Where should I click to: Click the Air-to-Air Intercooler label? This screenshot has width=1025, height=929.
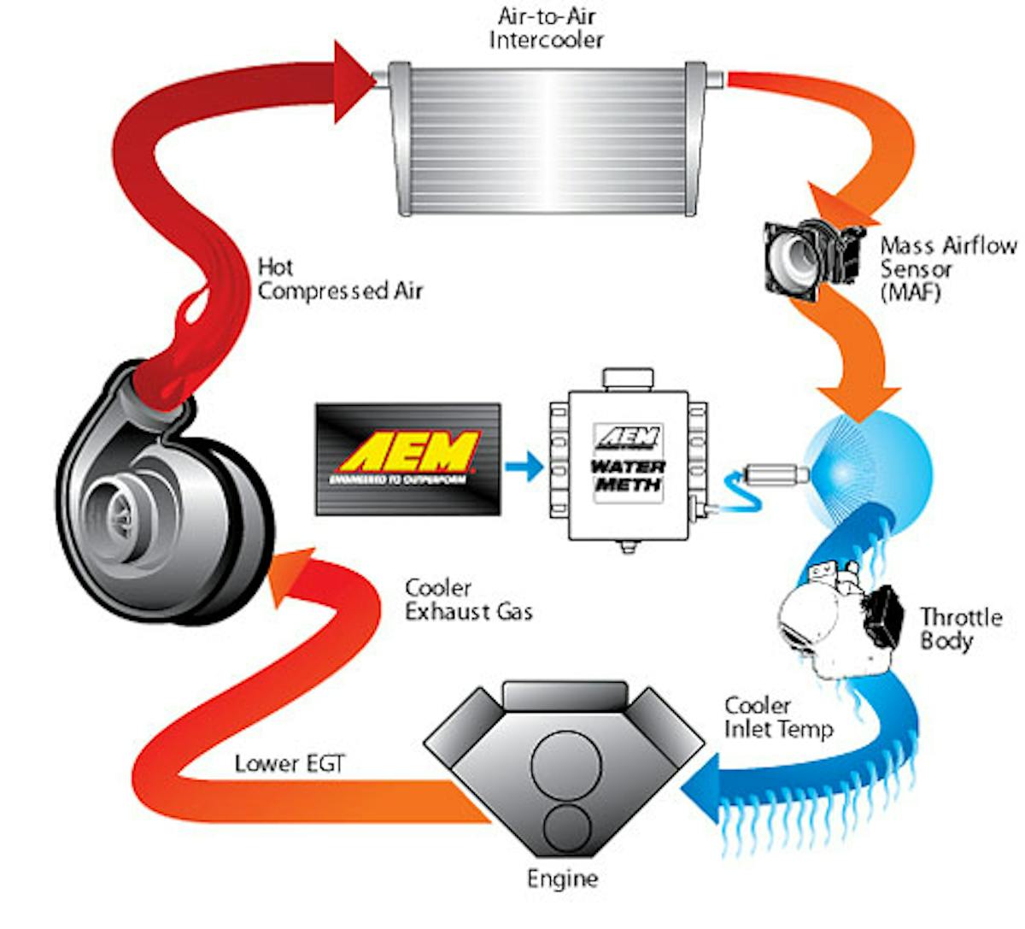pos(547,28)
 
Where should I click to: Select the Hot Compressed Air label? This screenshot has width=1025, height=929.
pos(340,279)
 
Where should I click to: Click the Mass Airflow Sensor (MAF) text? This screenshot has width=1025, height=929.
pos(948,268)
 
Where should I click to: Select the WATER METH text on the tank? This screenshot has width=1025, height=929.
pos(628,476)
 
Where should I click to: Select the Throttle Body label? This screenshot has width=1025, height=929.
pos(960,628)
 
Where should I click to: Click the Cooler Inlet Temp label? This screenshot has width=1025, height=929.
pos(777,718)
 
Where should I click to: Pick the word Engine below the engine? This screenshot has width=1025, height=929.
pos(562,879)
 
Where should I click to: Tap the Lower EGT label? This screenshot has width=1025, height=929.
pos(290,763)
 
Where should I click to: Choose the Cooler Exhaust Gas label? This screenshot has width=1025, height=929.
pos(468,600)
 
